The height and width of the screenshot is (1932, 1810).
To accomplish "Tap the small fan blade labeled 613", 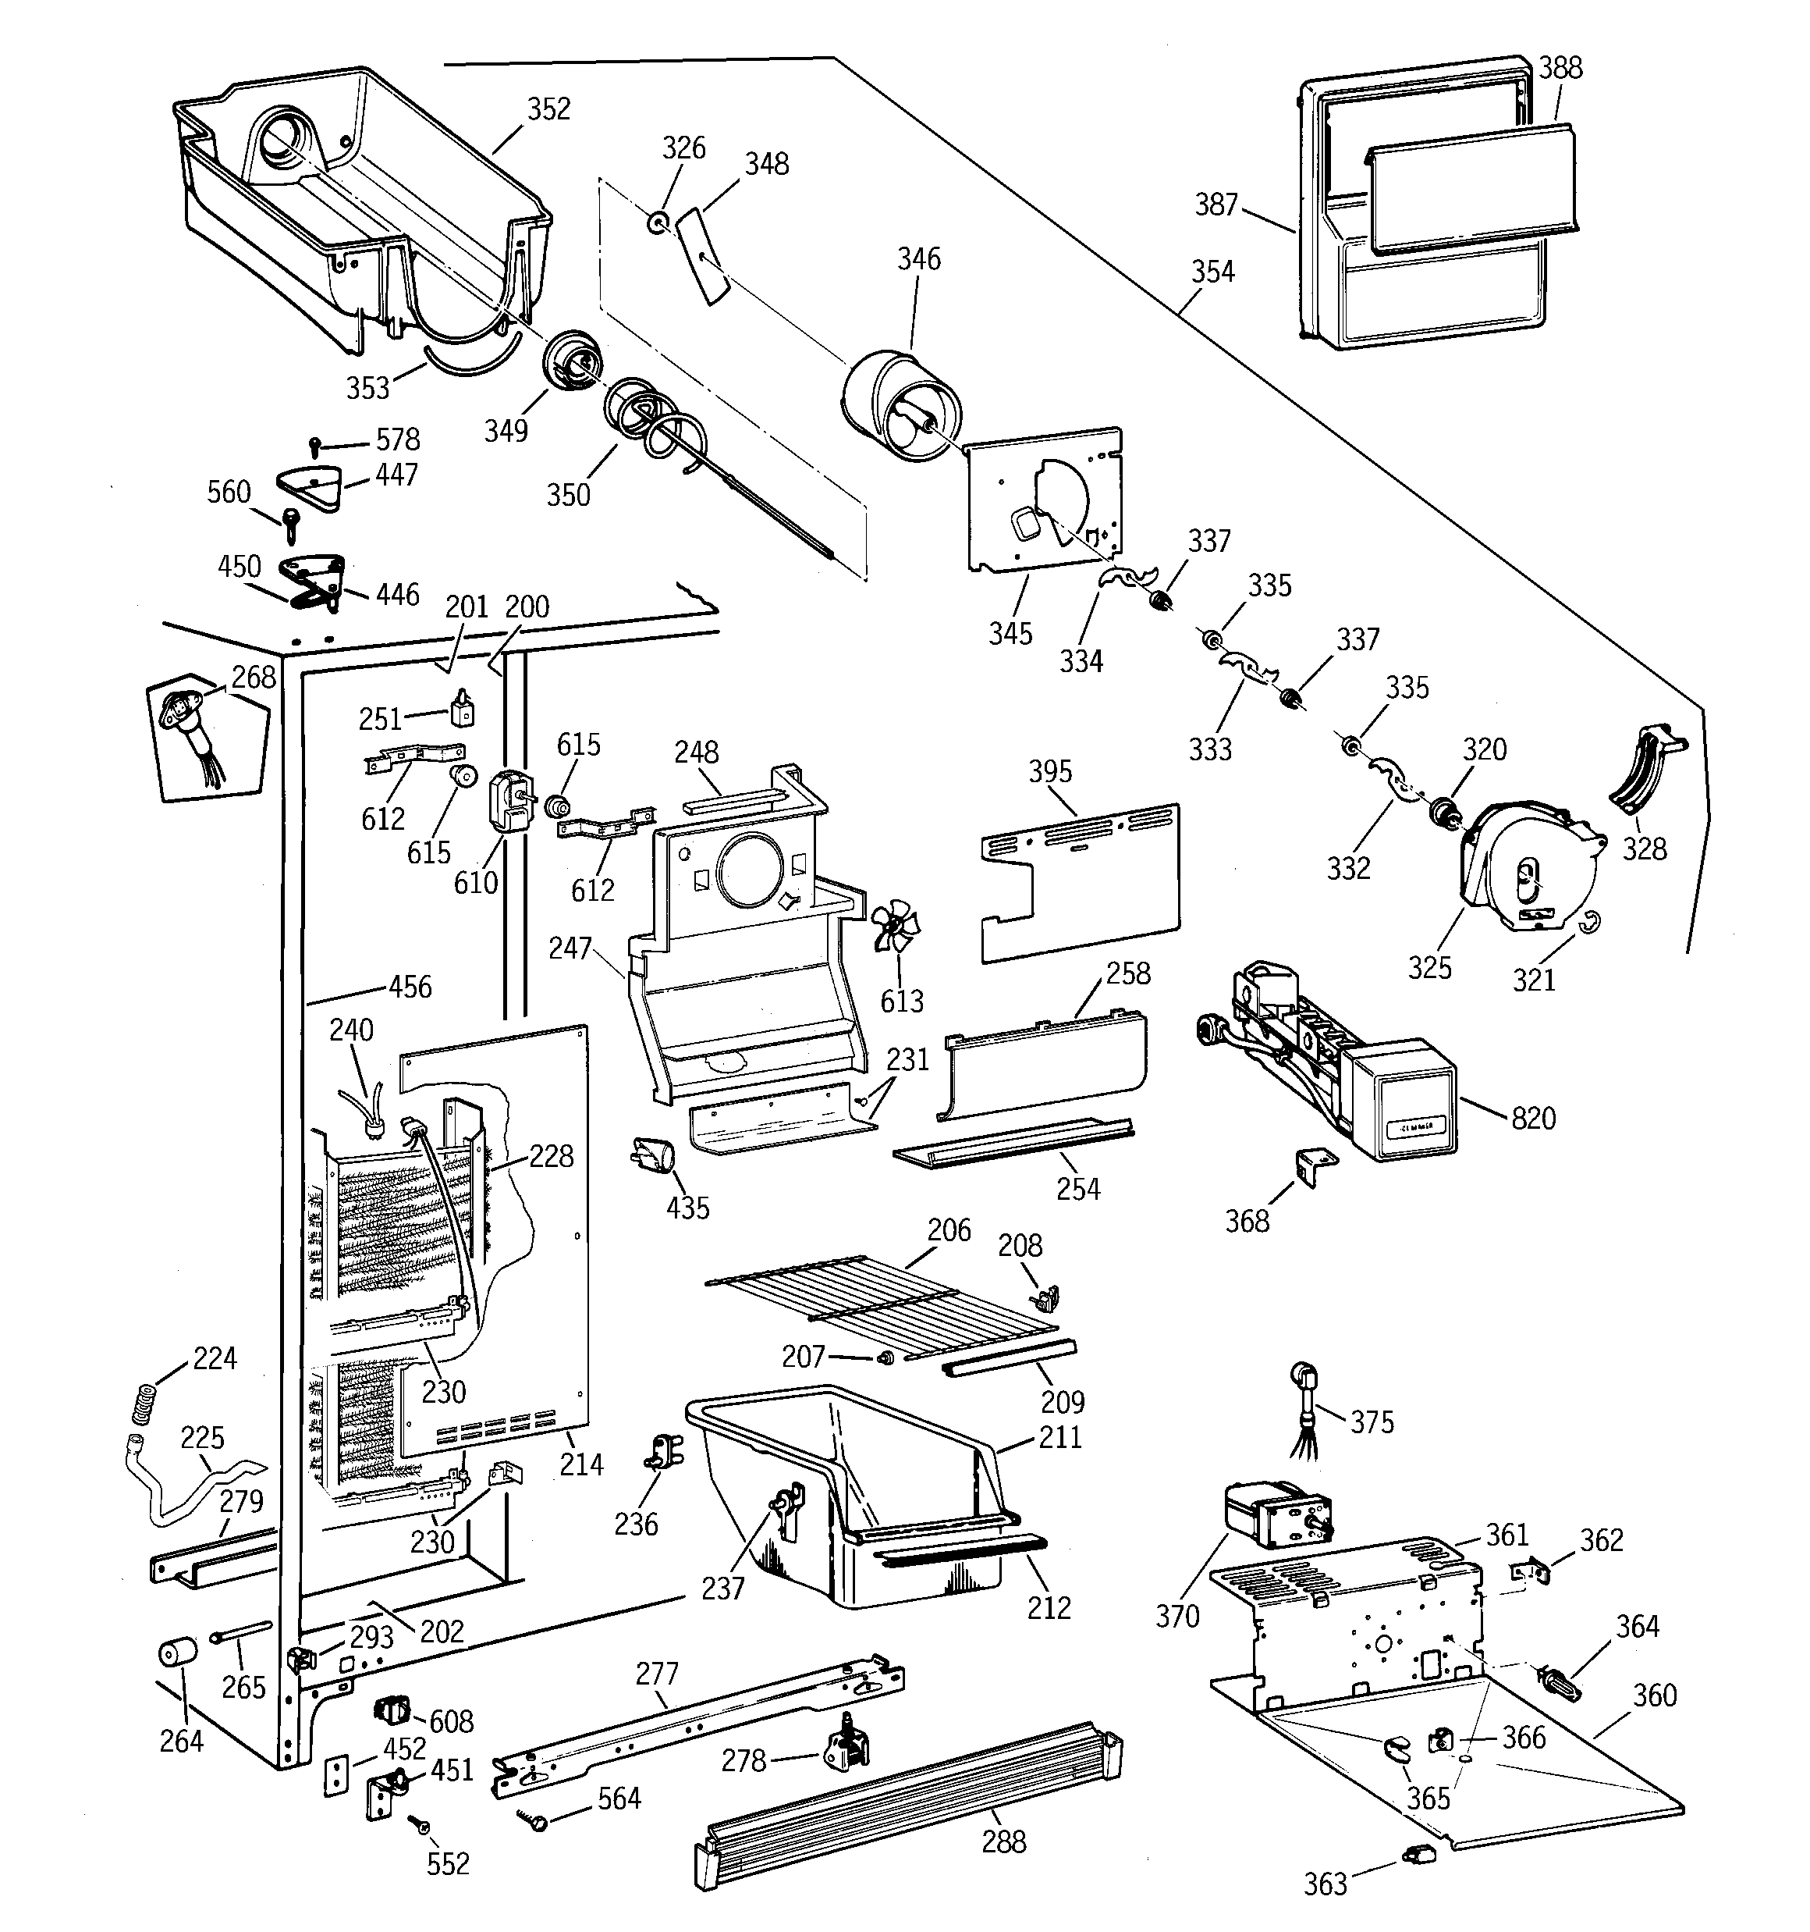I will pyautogui.click(x=895, y=929).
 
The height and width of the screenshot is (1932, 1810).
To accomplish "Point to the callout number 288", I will pyautogui.click(x=1003, y=1841).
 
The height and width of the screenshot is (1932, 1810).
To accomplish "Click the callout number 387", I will pyautogui.click(x=1216, y=205).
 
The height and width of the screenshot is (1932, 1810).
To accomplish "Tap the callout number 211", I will pyautogui.click(x=1060, y=1436).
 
